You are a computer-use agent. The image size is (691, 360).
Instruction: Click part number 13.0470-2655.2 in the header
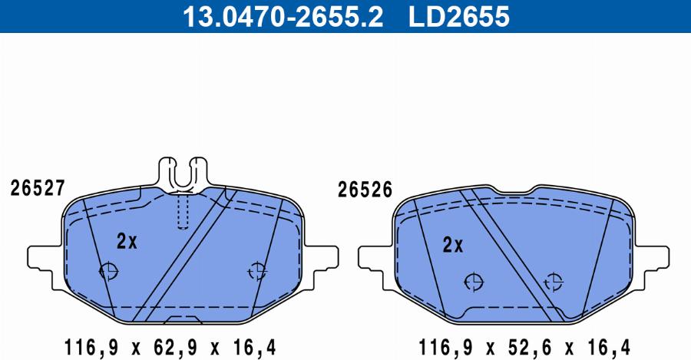coord(283,16)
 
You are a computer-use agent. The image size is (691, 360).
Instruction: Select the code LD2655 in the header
coord(459,16)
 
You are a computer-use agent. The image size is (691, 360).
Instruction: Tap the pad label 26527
coord(38,188)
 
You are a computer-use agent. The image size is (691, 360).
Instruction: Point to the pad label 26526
coord(365,190)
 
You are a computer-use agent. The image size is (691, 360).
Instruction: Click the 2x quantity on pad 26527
coord(127,241)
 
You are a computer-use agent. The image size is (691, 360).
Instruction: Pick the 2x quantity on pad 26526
coord(453,245)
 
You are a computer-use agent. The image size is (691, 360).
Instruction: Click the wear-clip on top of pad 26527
coord(183,174)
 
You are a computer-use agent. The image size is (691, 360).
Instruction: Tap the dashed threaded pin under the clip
coord(183,212)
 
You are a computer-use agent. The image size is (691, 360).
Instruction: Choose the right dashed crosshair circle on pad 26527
coord(256,270)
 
